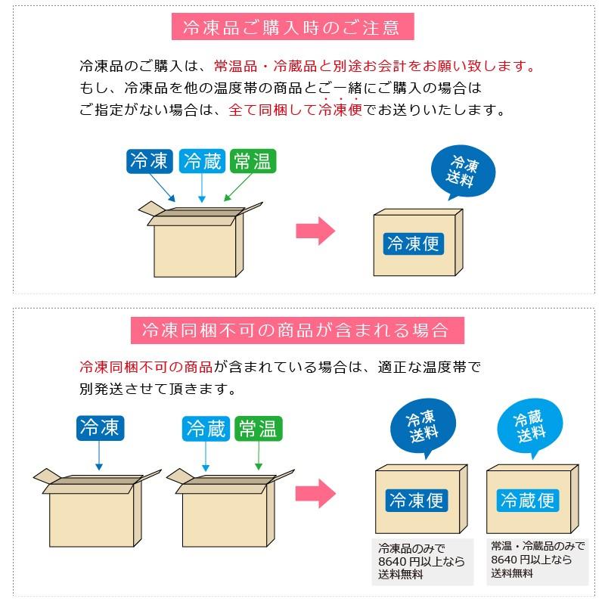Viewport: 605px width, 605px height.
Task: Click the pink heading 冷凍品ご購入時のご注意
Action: (x=291, y=28)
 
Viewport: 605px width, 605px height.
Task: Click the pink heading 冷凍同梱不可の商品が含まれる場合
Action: (x=295, y=330)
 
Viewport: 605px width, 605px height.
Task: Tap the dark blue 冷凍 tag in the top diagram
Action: (x=149, y=161)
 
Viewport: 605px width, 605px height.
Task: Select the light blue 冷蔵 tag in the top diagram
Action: (x=201, y=161)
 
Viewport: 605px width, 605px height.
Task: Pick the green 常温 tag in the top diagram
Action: (x=253, y=161)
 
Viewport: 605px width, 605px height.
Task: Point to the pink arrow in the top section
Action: (x=315, y=231)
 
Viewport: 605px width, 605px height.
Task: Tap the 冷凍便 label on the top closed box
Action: (x=413, y=243)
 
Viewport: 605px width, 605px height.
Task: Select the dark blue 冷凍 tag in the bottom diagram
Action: (x=99, y=428)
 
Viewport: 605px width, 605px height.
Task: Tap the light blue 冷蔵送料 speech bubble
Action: (x=529, y=427)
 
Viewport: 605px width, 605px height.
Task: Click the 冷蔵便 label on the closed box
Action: (x=528, y=500)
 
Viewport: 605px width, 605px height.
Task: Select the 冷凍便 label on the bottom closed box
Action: (x=417, y=500)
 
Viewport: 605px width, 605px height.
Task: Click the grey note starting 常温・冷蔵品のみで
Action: (x=538, y=560)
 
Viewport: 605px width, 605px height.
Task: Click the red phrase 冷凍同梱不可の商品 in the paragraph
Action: (x=146, y=368)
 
